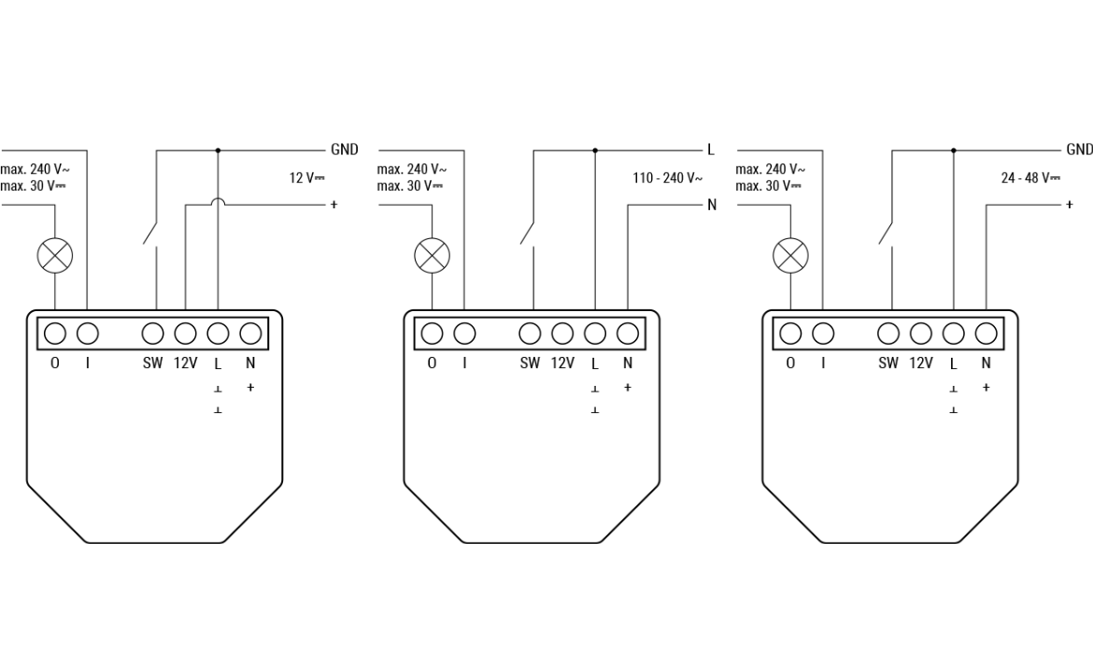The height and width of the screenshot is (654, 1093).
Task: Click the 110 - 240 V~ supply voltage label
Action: (x=667, y=178)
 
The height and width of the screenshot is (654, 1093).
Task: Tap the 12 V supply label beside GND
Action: (x=306, y=178)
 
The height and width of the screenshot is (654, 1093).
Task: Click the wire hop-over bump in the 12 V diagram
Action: (x=218, y=203)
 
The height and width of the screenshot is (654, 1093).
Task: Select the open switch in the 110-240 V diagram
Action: (x=528, y=232)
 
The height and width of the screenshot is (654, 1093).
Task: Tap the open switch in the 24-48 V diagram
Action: (x=887, y=232)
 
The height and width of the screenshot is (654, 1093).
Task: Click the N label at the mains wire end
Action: (x=712, y=205)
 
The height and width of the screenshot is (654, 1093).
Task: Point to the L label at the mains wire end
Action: (x=710, y=149)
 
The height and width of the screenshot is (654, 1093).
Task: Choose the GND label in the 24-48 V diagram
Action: (x=1079, y=149)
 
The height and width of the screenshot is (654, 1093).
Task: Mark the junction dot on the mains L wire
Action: (x=595, y=149)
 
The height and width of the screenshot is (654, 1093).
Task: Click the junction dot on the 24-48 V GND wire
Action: (x=953, y=149)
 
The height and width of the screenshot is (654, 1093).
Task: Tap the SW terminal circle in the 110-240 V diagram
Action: (x=530, y=333)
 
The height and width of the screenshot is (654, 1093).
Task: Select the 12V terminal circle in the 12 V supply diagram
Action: (x=185, y=333)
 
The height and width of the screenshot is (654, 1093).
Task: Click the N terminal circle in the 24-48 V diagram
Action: (x=986, y=333)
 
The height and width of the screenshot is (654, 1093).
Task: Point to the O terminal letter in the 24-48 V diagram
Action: (x=790, y=363)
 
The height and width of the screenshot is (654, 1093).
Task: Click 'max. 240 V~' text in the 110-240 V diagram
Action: (x=412, y=170)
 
